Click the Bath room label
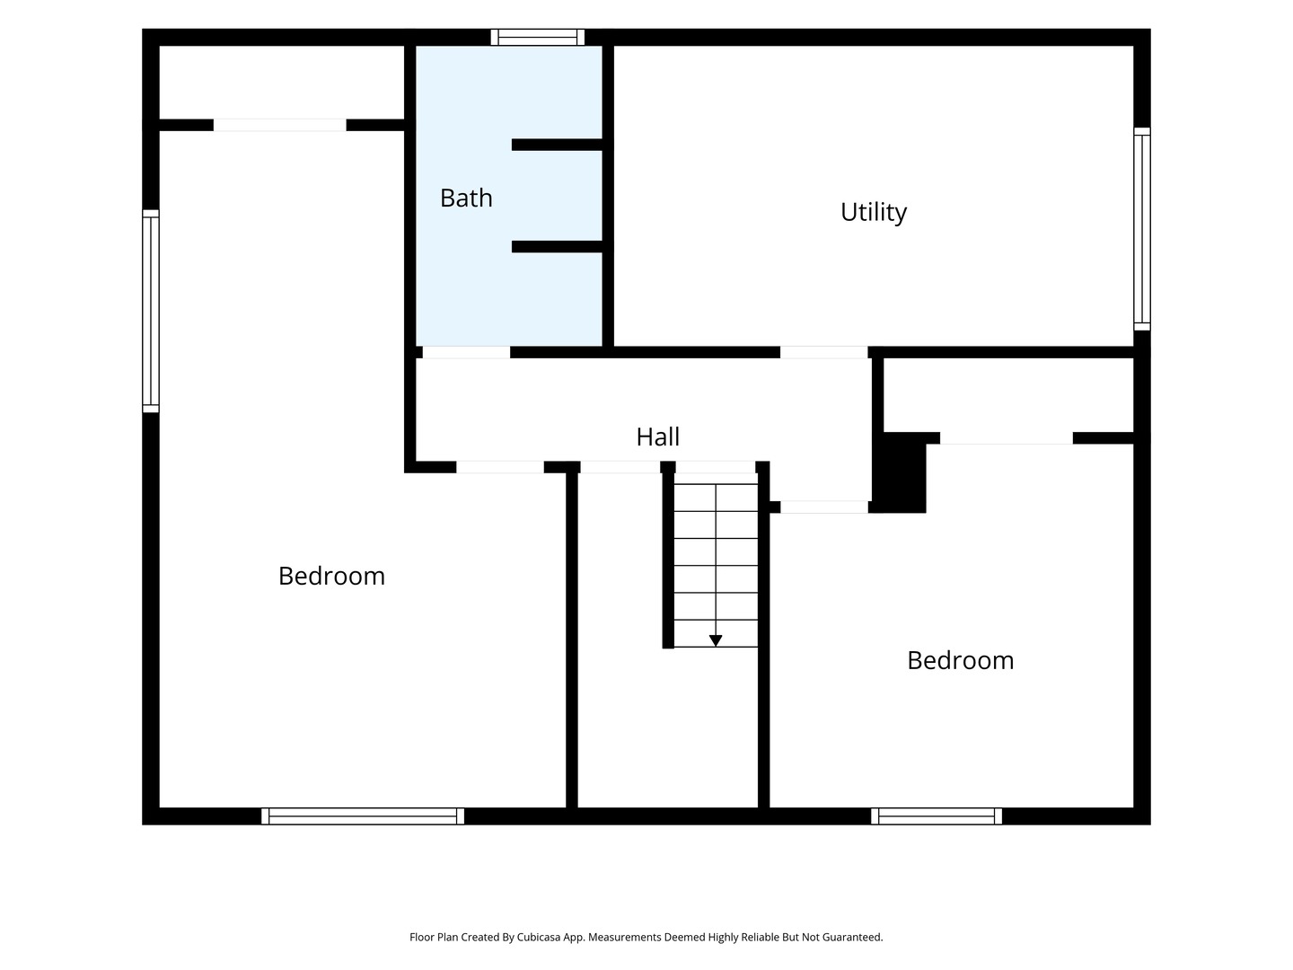466,198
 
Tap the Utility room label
873,213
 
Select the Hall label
657,437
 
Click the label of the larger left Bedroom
331,576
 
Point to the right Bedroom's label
960,661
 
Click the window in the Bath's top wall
538,37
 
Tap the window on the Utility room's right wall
1141,229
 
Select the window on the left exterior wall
151,311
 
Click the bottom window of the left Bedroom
362,816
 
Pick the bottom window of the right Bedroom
936,816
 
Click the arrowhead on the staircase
715,640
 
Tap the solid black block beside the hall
899,473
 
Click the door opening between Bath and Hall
466,352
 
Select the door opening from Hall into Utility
823,352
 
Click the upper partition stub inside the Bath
557,145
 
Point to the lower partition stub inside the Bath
557,247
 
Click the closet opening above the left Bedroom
280,125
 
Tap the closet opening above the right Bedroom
1007,438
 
